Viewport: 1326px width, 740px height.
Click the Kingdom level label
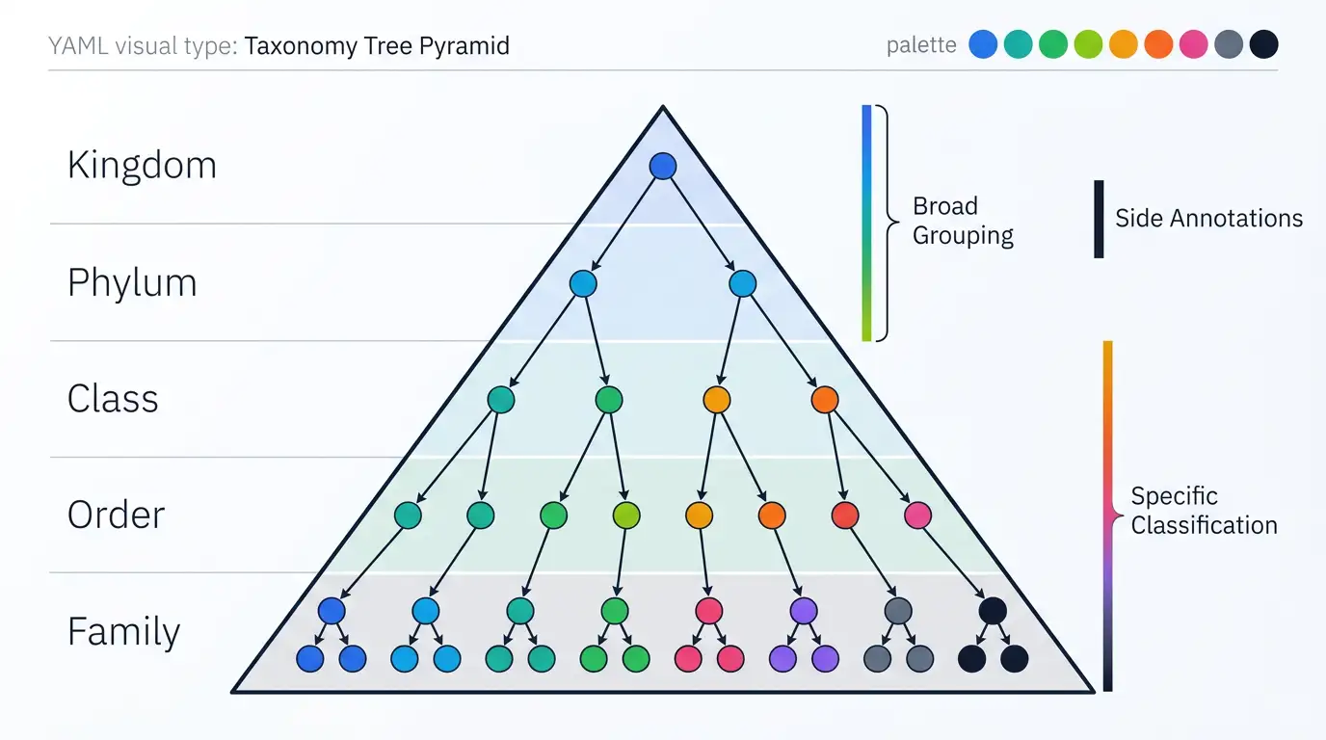coord(142,165)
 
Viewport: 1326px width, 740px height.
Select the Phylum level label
coord(132,283)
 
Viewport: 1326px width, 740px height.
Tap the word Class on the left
coord(113,398)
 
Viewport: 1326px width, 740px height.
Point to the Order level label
coord(116,515)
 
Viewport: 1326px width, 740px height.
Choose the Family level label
coord(123,632)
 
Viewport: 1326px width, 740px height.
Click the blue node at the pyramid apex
coord(663,166)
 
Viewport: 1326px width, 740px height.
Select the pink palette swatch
coord(1193,44)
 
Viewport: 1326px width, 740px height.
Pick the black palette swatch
coord(1264,44)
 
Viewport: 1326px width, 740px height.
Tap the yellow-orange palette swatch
coord(1124,44)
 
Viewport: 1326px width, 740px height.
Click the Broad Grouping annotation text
coord(963,221)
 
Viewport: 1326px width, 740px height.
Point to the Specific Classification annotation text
coord(1204,511)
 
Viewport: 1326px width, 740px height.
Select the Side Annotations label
coord(1208,219)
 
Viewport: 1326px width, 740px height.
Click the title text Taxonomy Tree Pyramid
coord(377,46)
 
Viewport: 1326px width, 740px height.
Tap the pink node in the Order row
coord(918,515)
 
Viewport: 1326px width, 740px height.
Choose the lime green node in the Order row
coord(626,515)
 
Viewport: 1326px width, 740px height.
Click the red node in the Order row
coord(845,515)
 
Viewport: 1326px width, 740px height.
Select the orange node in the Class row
coord(825,400)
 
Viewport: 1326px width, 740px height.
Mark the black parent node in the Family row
coord(993,611)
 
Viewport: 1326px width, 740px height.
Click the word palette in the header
coord(921,45)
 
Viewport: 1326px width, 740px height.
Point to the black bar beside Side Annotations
coord(1099,219)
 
